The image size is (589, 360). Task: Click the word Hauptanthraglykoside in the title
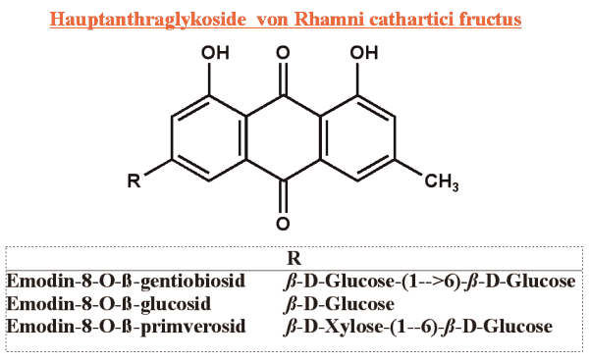(147, 19)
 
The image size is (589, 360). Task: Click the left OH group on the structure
(215, 53)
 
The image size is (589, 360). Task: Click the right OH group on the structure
(363, 53)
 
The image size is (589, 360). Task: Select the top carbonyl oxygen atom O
(283, 53)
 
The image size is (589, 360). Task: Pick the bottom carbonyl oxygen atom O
(283, 224)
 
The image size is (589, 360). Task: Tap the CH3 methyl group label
(442, 182)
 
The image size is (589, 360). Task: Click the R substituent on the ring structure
(134, 180)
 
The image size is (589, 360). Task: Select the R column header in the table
(294, 258)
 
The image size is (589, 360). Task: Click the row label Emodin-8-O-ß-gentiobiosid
(126, 282)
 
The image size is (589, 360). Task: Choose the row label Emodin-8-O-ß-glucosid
(109, 304)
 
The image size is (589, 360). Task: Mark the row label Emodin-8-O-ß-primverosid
(126, 327)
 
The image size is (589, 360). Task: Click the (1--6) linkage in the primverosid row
(410, 327)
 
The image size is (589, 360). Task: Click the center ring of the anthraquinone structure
(283, 138)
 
